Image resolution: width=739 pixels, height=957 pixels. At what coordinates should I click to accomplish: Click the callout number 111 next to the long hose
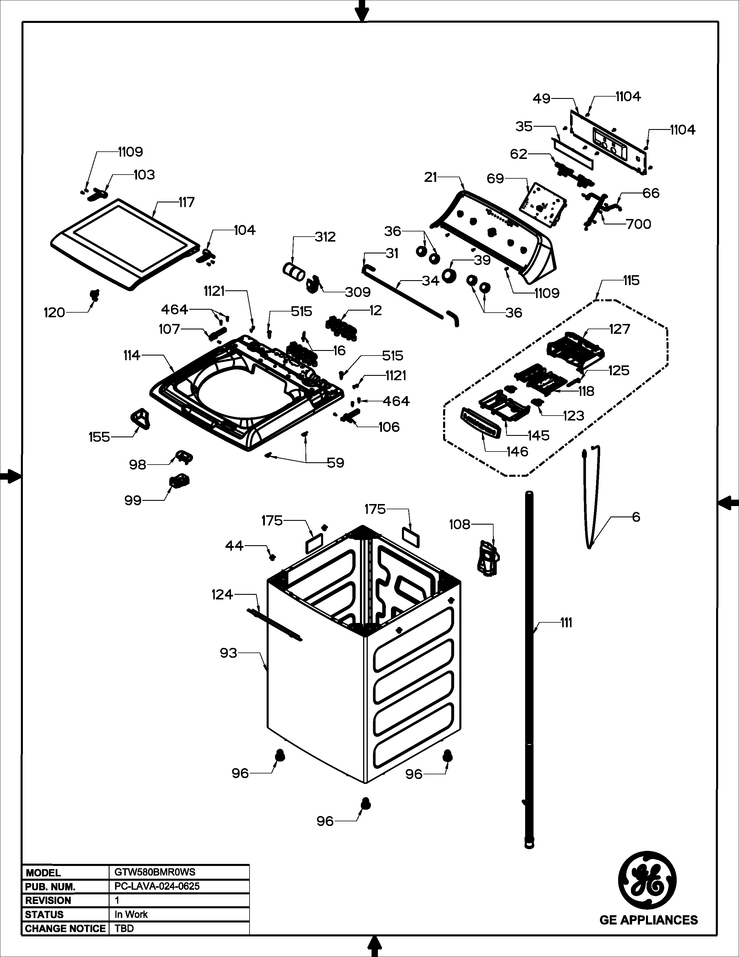click(x=566, y=623)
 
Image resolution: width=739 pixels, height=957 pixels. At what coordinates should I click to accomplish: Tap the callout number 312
click(x=325, y=237)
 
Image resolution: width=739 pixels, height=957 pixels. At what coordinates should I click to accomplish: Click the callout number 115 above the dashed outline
click(x=631, y=280)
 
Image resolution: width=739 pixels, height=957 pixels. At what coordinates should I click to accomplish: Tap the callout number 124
click(x=222, y=594)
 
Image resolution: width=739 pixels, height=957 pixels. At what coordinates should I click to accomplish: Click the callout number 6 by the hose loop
click(x=636, y=517)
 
